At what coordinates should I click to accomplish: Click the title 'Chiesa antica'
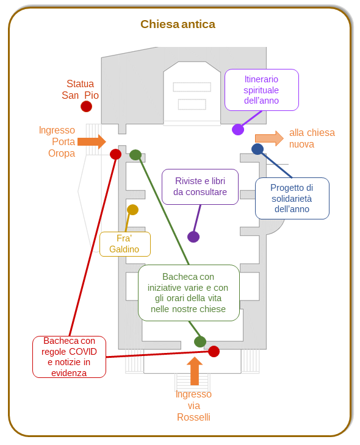tap(178, 24)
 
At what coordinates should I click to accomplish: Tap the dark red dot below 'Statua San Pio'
tap(87, 107)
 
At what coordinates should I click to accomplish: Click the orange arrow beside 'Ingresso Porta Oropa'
tap(92, 141)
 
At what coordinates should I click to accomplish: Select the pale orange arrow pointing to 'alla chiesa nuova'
tap(269, 138)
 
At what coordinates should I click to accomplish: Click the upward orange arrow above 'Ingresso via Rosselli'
tap(195, 371)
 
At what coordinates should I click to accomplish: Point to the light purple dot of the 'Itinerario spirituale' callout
tap(238, 129)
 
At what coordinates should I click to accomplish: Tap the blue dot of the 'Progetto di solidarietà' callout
tap(257, 149)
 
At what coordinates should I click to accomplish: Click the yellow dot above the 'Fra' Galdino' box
tap(132, 210)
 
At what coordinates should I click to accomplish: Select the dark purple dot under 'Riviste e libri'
tap(193, 237)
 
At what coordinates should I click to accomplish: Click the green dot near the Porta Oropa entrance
tap(135, 155)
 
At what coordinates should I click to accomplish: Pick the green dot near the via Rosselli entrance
tap(200, 341)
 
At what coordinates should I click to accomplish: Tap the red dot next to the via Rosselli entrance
tap(214, 351)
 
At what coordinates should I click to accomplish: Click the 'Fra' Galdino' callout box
tap(125, 244)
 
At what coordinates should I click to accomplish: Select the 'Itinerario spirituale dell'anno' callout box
tap(262, 90)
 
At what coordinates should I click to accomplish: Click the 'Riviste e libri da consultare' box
tap(200, 187)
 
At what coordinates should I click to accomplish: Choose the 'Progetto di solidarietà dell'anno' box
tap(292, 198)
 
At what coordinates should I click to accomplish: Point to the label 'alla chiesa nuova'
tap(312, 138)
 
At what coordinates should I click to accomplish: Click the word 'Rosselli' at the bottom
tap(193, 417)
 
